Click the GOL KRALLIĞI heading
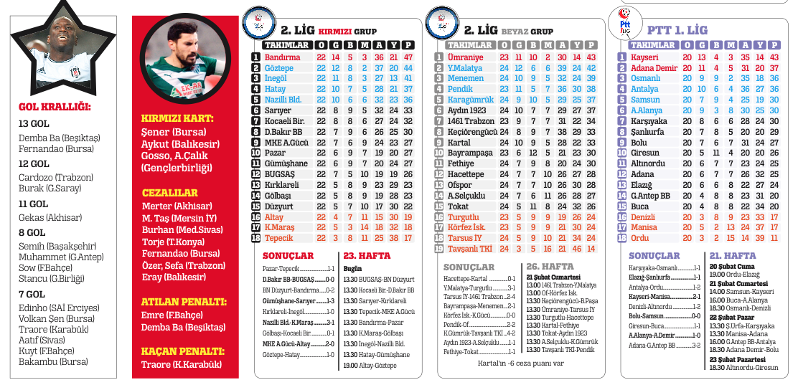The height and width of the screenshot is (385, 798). point(55,109)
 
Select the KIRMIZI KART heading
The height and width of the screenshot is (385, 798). point(177,117)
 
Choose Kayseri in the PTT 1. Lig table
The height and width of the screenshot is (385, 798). point(644,57)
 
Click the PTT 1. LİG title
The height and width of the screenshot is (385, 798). point(677,30)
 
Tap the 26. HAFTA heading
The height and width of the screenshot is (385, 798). point(550,266)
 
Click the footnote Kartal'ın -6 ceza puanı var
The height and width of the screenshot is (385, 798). point(520,363)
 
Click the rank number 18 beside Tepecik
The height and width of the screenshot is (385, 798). point(256,238)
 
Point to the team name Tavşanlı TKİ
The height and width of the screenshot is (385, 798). point(469,249)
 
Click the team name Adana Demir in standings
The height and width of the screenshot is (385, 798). point(654,68)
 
